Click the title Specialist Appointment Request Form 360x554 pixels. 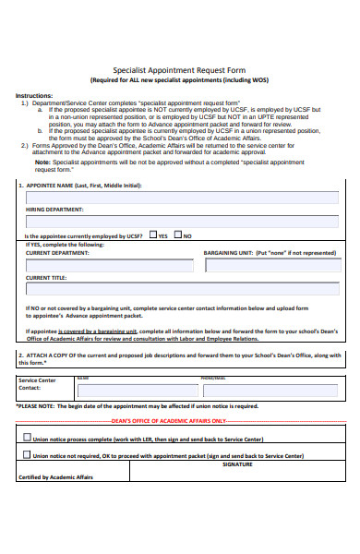[180, 68]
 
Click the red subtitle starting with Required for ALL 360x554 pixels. [180, 78]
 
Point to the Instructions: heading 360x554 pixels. [34, 95]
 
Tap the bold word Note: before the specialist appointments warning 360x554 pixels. [42, 162]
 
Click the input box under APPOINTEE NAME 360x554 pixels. [181, 198]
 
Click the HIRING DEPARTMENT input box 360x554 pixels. [181, 222]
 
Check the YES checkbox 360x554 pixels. [153, 235]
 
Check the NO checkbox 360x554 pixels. [178, 235]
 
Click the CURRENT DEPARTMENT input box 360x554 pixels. [110, 265]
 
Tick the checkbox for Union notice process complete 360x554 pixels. [25, 438]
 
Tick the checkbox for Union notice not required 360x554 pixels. [25, 455]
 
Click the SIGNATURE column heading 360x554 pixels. [236, 464]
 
